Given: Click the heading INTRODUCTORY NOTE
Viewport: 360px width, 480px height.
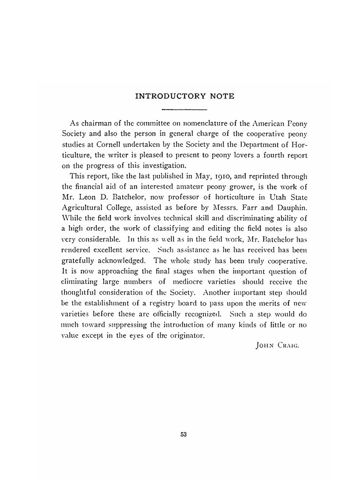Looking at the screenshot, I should [184, 96].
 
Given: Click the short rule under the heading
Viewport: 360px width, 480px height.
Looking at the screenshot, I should [184, 109].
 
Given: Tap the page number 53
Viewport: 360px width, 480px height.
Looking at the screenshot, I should [183, 435].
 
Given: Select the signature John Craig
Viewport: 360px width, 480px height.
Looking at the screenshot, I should [277, 346].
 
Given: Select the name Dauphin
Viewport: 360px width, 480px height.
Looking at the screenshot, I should [291, 208].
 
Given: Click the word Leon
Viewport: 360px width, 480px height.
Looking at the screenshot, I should [87, 197].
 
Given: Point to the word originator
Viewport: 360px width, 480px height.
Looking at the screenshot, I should [187, 336].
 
